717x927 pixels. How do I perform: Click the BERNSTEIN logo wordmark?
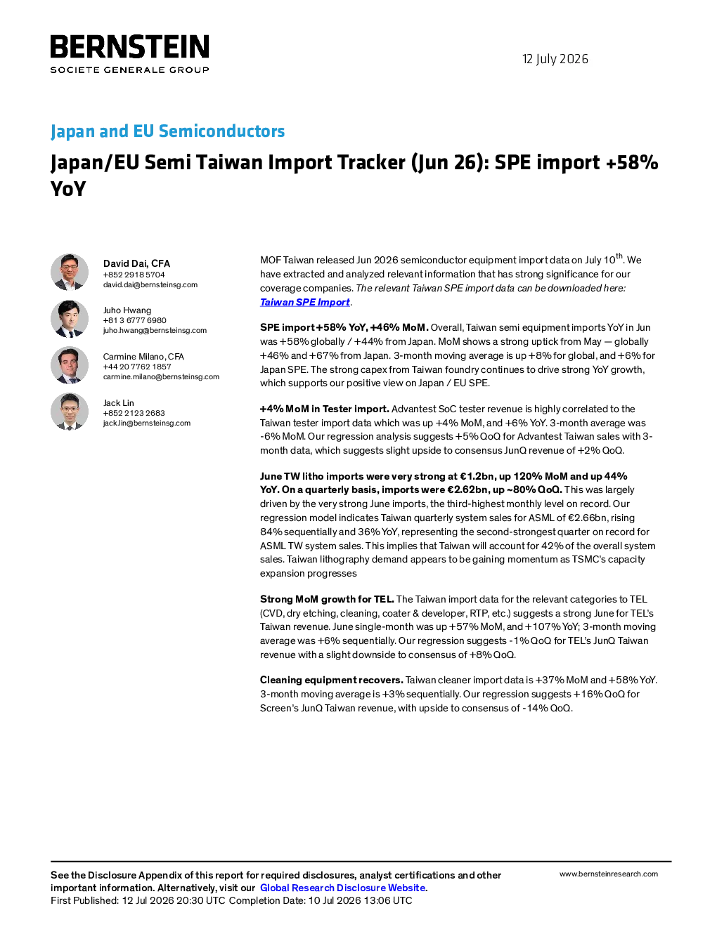129,46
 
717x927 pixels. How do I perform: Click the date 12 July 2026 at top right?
555,59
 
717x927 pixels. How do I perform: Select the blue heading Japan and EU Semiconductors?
167,131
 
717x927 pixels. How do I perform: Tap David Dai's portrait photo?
70,272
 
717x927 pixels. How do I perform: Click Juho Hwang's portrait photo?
70,319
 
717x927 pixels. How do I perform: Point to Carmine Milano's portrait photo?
70,365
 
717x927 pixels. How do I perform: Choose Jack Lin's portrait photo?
70,412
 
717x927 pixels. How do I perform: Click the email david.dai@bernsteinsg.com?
150,284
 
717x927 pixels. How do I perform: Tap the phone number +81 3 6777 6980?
134,320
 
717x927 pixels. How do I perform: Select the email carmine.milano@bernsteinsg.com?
161,376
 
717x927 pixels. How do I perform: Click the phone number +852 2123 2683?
134,413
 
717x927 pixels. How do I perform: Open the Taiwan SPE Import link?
305,302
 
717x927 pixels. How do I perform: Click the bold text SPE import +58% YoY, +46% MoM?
344,328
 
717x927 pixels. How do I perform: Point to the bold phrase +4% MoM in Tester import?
325,409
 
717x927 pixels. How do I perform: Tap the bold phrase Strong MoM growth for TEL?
327,599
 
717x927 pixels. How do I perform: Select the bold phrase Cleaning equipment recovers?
332,680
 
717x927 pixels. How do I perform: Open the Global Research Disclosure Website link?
343,888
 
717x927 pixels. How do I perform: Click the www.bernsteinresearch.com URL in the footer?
609,874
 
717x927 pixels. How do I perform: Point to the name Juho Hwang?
127,310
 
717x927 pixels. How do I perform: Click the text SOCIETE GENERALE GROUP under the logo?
129,70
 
